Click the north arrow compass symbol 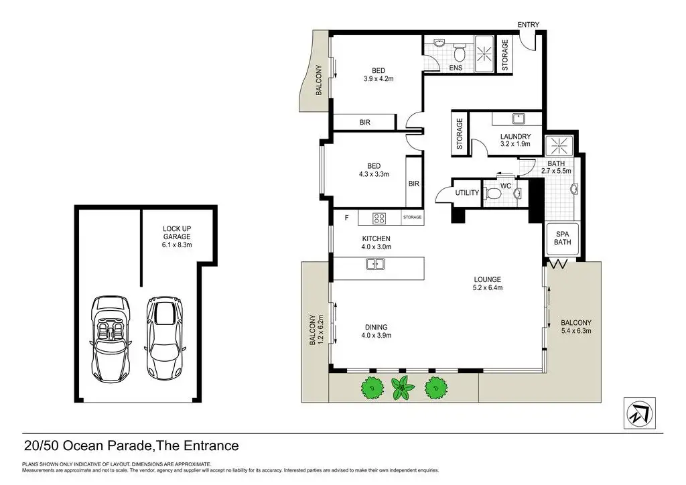click(639, 413)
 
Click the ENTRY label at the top click(528, 25)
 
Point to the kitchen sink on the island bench click(375, 264)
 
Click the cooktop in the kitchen click(379, 218)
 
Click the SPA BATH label click(562, 238)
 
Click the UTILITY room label click(467, 193)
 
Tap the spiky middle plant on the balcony click(402, 387)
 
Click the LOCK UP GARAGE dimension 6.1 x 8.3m click(177, 245)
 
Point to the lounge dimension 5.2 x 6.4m click(488, 288)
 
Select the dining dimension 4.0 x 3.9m click(376, 336)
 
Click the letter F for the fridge click(347, 218)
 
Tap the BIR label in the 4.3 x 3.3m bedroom click(414, 184)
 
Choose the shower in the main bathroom click(559, 145)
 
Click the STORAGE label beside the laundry click(460, 133)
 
